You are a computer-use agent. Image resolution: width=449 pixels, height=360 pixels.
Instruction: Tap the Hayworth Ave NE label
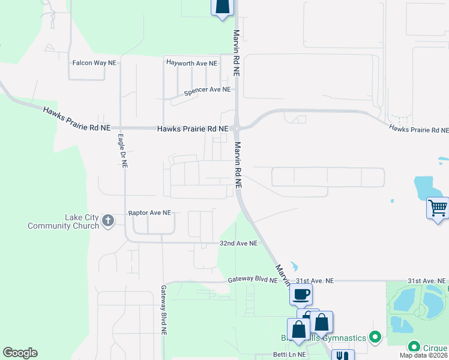191,62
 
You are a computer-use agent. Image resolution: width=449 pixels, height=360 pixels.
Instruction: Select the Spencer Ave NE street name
207,90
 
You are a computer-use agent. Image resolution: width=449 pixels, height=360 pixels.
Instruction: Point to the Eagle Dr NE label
121,149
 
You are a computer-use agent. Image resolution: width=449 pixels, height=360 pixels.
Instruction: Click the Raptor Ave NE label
149,213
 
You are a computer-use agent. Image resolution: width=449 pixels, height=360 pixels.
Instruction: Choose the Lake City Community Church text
64,221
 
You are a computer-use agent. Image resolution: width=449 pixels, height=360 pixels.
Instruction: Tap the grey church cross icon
108,221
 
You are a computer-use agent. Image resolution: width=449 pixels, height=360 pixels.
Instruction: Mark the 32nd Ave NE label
238,244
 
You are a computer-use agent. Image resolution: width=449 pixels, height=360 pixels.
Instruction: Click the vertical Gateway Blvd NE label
163,309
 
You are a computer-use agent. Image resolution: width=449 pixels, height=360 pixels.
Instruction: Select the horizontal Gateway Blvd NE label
253,280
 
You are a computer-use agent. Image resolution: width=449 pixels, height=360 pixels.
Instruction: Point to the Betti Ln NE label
289,355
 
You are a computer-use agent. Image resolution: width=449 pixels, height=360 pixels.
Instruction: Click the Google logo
20,353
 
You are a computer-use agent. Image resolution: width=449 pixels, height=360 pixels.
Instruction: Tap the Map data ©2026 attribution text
423,355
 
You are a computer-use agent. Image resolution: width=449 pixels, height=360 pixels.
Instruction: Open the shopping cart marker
438,208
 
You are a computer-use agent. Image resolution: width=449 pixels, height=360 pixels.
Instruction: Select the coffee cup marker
301,295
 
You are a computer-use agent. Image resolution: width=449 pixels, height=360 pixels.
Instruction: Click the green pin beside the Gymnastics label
376,337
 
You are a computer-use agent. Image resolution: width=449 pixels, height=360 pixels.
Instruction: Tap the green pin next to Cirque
414,347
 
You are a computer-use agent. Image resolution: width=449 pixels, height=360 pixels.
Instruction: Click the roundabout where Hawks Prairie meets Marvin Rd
238,128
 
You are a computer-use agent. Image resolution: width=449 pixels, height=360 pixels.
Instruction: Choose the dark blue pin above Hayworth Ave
222,6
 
